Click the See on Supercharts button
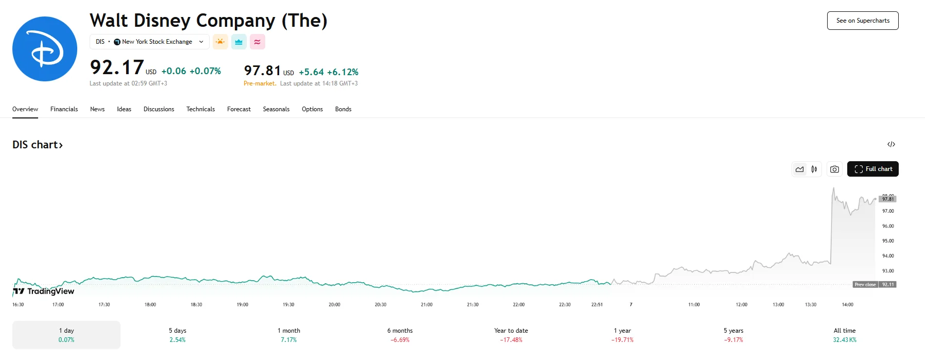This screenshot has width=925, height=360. (x=863, y=21)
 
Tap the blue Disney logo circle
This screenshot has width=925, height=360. (x=45, y=49)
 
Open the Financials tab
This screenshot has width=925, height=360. (x=64, y=109)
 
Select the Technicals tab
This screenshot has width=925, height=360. (x=200, y=109)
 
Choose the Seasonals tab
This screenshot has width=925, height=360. (x=276, y=109)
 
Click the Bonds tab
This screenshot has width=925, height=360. (x=343, y=109)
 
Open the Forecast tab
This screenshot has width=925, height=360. (x=239, y=109)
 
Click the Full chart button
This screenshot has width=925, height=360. (x=873, y=169)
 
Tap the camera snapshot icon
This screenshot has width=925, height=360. (x=834, y=169)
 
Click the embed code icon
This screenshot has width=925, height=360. (x=891, y=144)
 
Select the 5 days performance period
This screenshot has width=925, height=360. (x=178, y=335)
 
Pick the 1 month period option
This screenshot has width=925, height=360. (x=289, y=335)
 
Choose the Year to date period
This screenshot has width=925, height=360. (x=511, y=335)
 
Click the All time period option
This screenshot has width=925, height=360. (x=845, y=335)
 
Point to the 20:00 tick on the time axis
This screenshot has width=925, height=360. (x=334, y=304)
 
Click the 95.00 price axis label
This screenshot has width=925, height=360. (x=888, y=241)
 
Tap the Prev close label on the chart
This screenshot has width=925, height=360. (x=865, y=284)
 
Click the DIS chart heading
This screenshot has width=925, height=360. (x=38, y=145)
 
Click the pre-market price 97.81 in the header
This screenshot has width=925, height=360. (x=263, y=71)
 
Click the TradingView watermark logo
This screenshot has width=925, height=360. (x=44, y=291)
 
